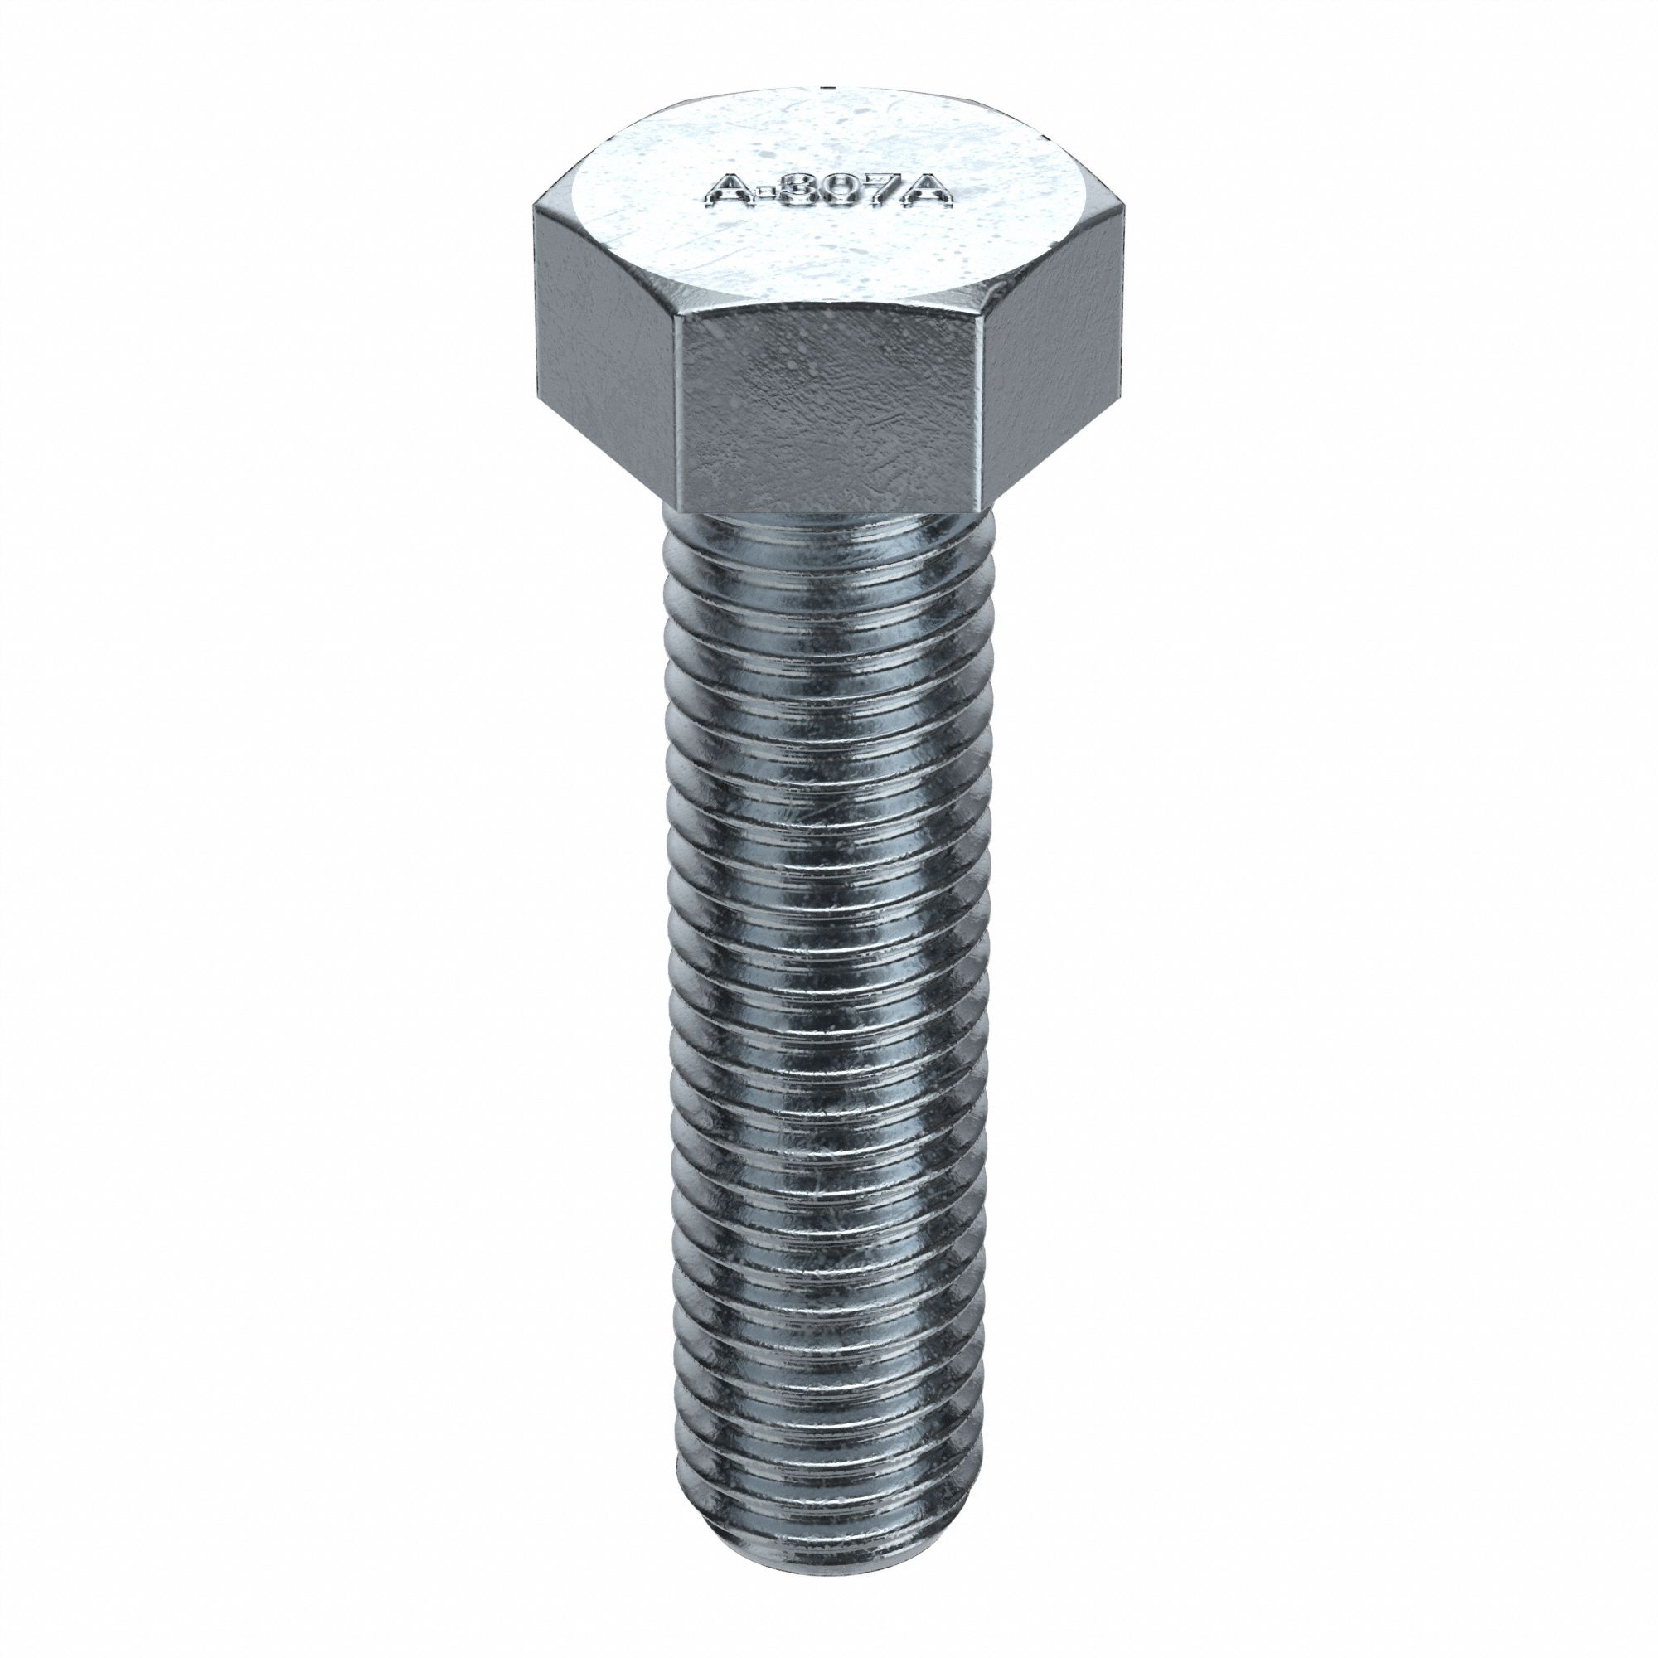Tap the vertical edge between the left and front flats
(x=676, y=404)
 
